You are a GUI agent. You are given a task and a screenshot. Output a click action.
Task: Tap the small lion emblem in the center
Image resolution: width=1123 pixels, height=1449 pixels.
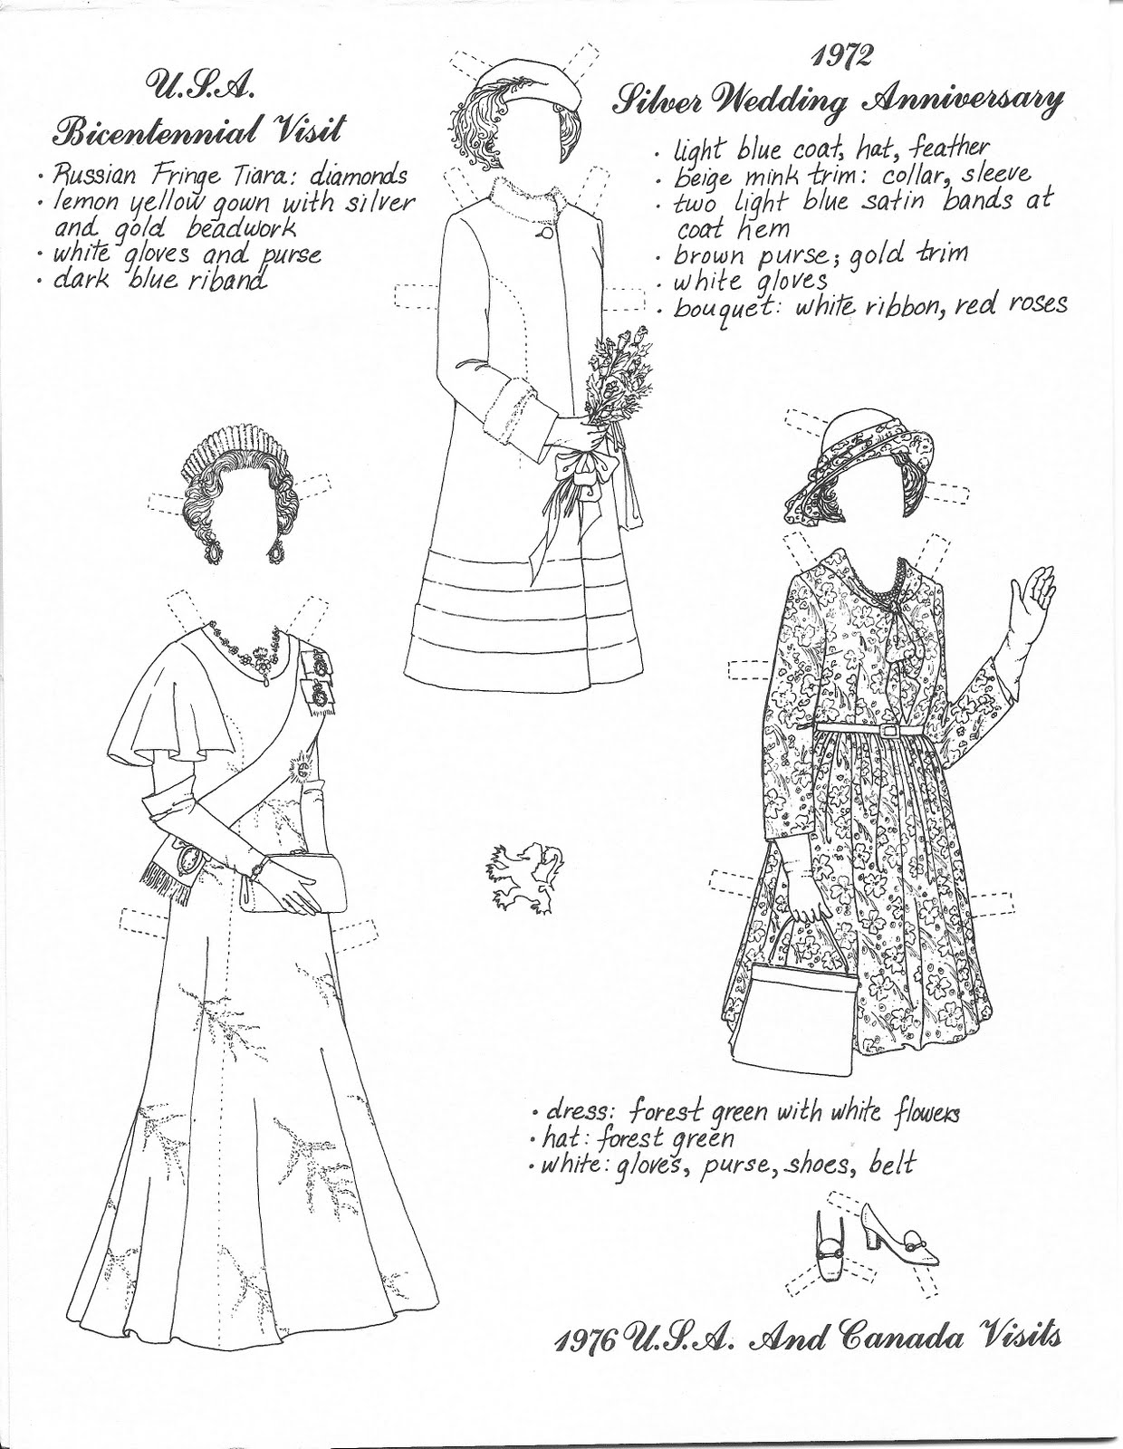526,872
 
